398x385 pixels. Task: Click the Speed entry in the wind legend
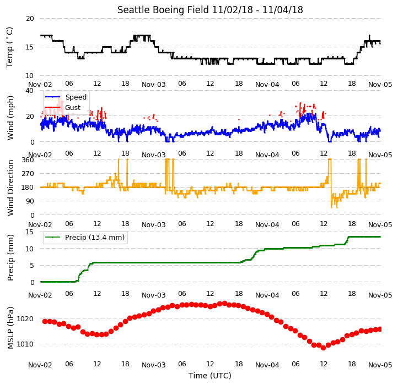pos(76,97)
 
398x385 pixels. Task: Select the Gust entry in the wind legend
pos(73,107)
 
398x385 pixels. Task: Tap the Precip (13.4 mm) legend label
pos(95,238)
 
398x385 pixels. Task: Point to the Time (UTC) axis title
pos(209,376)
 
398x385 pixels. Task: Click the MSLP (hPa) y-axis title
pos(10,328)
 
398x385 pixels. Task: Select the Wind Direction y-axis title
pos(10,188)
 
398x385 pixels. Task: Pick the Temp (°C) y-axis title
pos(9,47)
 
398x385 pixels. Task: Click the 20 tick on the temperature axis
pos(30,19)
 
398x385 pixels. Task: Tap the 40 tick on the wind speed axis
pos(30,91)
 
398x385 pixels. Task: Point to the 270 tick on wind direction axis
pos(28,174)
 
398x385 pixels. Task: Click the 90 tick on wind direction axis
pos(30,201)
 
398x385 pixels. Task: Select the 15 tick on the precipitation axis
pos(30,232)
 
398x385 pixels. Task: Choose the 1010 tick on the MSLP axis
pos(25,344)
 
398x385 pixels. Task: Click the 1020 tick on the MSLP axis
pos(25,318)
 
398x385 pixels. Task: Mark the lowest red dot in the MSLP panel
pos(323,348)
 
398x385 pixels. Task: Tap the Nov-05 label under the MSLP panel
pos(380,365)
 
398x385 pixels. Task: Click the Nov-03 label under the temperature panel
pos(154,84)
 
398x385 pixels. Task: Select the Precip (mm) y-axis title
pos(10,257)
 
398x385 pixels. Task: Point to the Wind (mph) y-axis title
pos(10,118)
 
